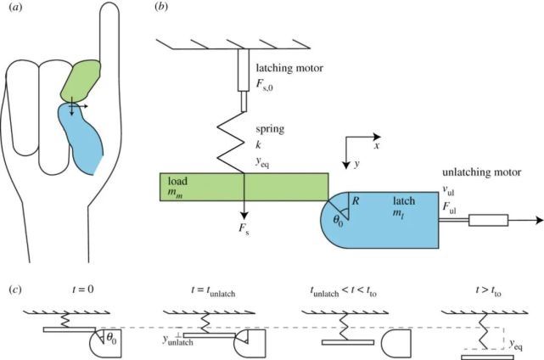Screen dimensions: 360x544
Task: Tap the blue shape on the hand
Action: pos(81,136)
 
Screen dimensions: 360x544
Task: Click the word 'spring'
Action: pos(268,127)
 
